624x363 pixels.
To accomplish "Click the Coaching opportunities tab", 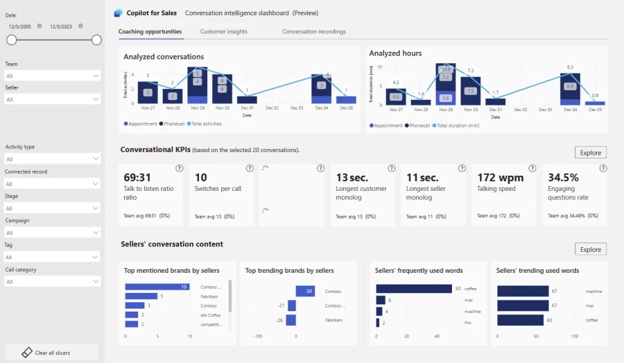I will (x=150, y=32).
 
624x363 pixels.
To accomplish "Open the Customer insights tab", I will (x=223, y=32).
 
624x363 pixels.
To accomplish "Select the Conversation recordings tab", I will (x=313, y=32).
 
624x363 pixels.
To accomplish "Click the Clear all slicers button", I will (x=52, y=353).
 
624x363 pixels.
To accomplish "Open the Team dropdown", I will (x=52, y=76).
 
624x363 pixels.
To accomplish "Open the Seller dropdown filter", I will (x=52, y=100).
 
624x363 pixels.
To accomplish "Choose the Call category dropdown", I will (x=52, y=282).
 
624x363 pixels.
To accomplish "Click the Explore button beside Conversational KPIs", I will (x=590, y=153).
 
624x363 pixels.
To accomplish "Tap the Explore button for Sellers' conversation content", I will (x=590, y=249).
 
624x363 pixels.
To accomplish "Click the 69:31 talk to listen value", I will (x=137, y=178).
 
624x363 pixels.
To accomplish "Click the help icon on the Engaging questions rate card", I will (x=600, y=169).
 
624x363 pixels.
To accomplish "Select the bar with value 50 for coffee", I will (x=414, y=288).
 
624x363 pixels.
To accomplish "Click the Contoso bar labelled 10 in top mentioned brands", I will (x=157, y=287).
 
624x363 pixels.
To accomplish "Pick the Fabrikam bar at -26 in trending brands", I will (x=291, y=320).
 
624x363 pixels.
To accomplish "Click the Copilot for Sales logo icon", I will (x=118, y=13).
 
